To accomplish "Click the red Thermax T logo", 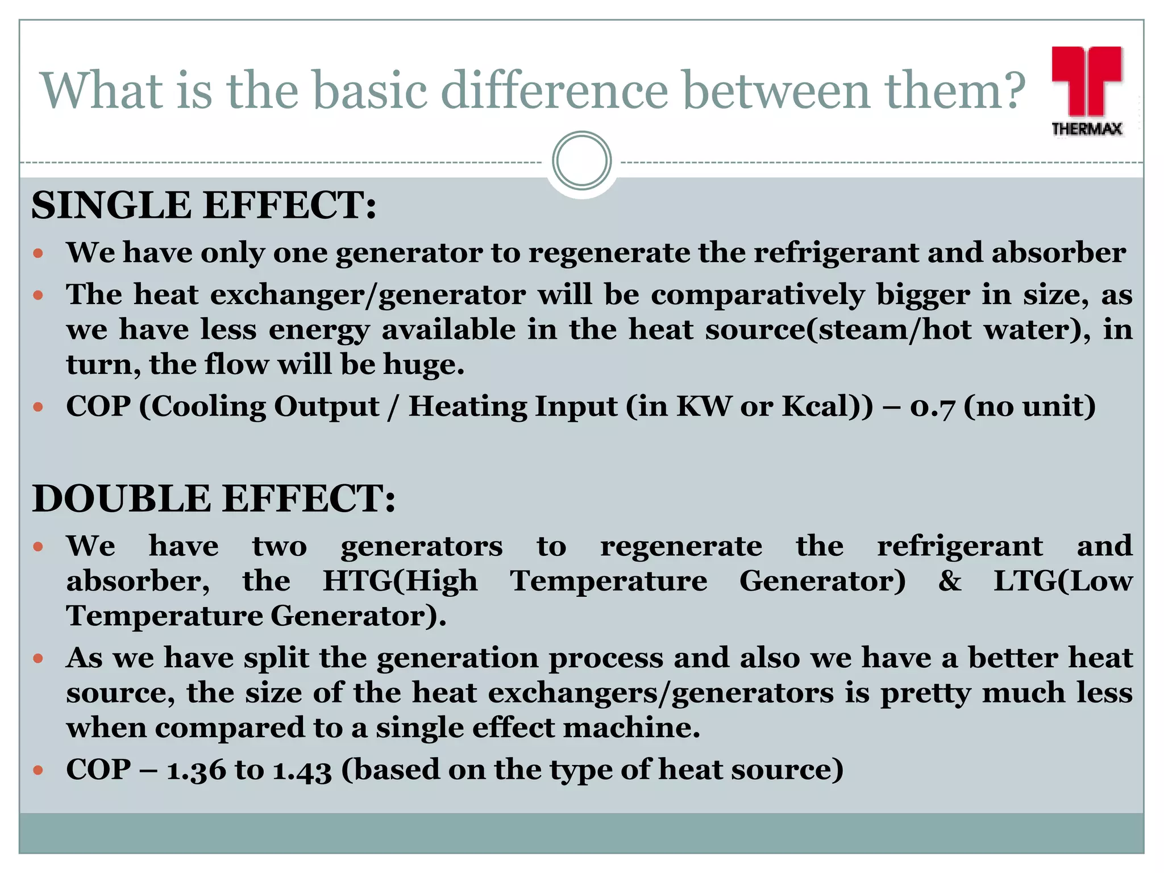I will (x=1086, y=80).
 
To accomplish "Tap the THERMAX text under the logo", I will (x=1086, y=129).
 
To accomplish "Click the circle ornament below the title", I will (x=581, y=161).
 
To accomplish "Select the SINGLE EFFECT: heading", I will (x=203, y=205).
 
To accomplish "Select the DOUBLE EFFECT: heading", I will (x=213, y=498).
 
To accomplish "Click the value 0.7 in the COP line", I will (x=932, y=407).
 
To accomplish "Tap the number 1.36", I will (x=196, y=770).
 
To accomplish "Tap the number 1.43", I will (x=302, y=770).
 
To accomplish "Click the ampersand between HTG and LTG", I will (x=950, y=581).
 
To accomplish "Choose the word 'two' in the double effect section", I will (x=280, y=547).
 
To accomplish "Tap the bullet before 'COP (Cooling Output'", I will (x=38, y=407).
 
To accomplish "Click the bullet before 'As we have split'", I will (x=38, y=659).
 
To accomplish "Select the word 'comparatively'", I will (x=757, y=295).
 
